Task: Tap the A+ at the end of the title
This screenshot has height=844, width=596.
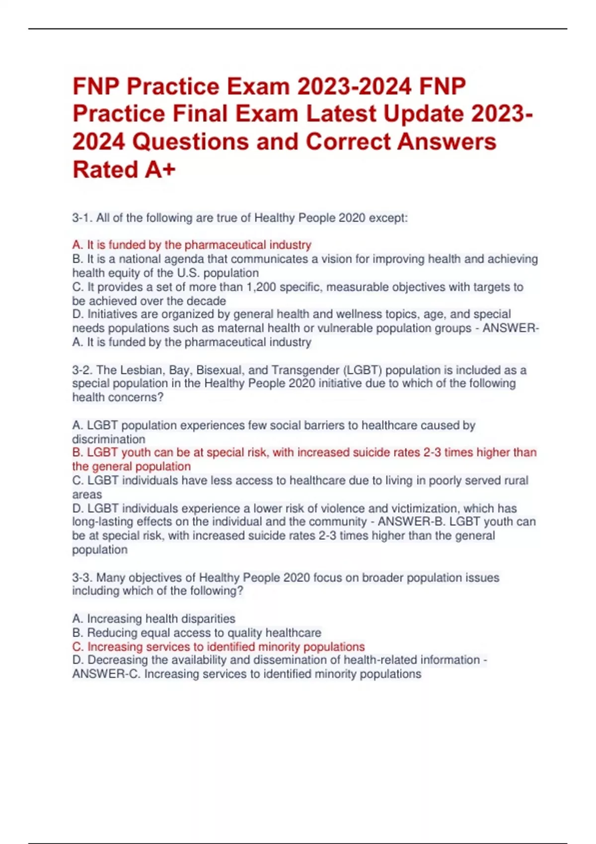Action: (160, 169)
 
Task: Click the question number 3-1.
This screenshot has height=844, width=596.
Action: (82, 218)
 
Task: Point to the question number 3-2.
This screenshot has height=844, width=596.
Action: (82, 370)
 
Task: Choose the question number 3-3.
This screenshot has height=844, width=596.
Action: (82, 577)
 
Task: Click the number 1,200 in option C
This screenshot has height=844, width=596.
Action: (260, 287)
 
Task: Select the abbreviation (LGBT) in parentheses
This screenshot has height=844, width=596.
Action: (362, 370)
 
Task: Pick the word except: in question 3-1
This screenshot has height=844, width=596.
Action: (388, 218)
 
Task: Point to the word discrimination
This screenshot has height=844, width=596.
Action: (109, 439)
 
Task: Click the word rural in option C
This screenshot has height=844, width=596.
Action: (517, 481)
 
